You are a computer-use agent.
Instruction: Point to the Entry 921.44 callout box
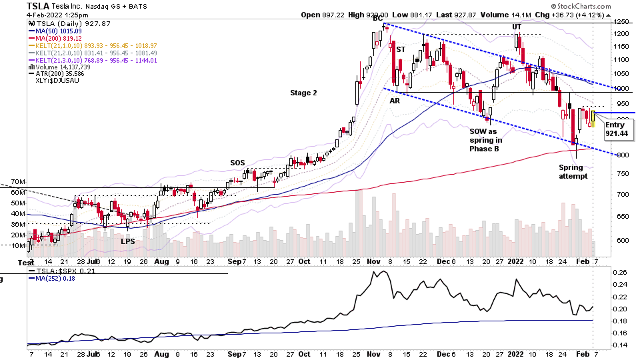tap(617, 129)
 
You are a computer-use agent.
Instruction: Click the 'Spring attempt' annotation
tap(573, 171)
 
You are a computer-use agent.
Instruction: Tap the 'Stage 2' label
tap(303, 93)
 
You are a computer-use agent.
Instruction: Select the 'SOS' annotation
tap(238, 163)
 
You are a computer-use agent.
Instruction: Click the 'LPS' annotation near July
tap(128, 241)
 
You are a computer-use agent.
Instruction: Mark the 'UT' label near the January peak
tap(517, 26)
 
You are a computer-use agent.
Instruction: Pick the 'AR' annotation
tap(395, 100)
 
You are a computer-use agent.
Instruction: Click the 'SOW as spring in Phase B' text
tap(486, 140)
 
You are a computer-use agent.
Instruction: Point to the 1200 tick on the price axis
tap(621, 33)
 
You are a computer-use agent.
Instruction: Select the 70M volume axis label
tap(17, 181)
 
